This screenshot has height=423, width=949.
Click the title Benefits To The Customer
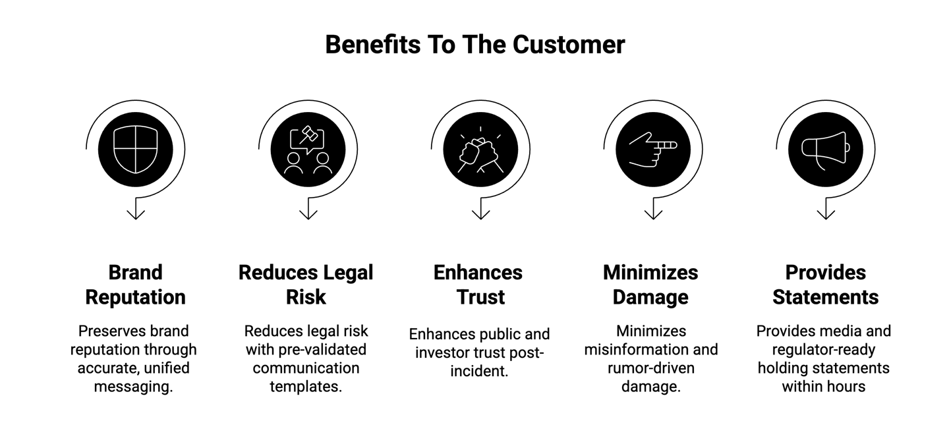point(474,45)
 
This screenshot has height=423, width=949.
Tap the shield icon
point(135,150)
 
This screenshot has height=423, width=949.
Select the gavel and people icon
point(308,150)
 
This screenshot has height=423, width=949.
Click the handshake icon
point(480,150)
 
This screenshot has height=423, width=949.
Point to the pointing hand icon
point(653,150)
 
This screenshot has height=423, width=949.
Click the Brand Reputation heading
point(135,285)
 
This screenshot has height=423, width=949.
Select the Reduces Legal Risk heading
point(306,285)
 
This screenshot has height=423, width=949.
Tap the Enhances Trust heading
point(478,285)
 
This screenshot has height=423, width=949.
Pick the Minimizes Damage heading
point(650,285)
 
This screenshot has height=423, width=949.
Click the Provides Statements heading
point(825,285)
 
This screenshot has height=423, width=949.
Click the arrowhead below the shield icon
point(136,213)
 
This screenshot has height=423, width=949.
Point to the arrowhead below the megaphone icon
point(826,213)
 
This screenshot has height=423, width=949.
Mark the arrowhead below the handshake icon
point(480,213)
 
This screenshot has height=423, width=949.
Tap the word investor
point(444,352)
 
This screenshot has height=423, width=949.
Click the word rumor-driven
point(650,368)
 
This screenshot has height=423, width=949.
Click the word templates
point(306,386)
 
